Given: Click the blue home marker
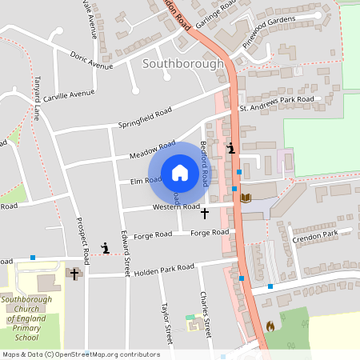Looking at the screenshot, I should tap(179, 172).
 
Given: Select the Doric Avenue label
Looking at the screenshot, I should tap(91, 61).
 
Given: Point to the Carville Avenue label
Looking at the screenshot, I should tap(70, 94).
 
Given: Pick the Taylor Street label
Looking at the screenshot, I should tap(167, 322).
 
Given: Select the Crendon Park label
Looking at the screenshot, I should tap(316, 232).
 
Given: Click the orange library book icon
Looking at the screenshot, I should tap(246, 197).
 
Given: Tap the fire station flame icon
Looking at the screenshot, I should tap(271, 326).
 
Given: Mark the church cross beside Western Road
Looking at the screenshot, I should tap(204, 214).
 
